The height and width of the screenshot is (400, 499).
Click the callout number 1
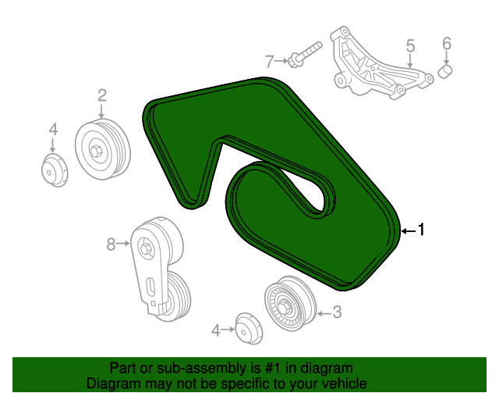421,230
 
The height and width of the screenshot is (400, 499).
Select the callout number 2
101,95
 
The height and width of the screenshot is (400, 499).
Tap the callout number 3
337,312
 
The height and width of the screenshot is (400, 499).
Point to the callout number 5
410,47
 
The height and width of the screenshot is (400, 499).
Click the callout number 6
447,43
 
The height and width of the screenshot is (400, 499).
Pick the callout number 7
270,60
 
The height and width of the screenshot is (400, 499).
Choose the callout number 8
111,245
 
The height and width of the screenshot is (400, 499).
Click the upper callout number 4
53,130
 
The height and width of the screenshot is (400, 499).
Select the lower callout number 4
216,330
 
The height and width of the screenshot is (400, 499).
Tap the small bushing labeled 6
447,72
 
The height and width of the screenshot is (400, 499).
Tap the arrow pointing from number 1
407,230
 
